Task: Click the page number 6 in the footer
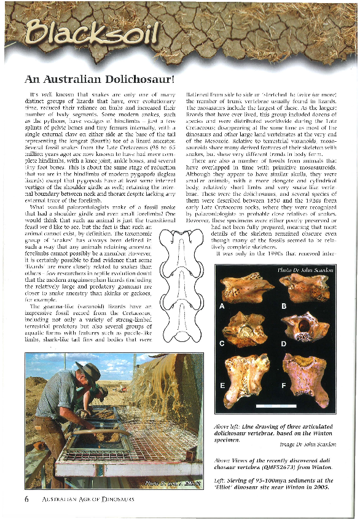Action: point(27,499)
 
